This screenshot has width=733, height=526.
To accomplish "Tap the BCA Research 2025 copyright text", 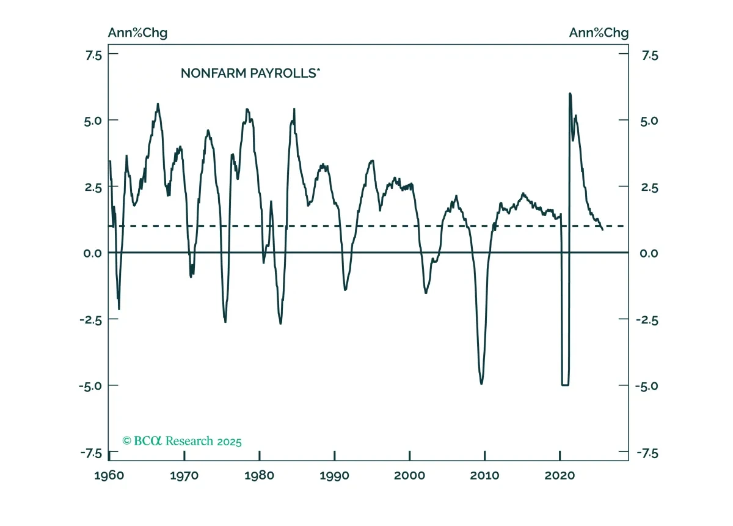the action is click(x=182, y=441).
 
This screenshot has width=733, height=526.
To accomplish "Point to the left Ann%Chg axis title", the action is click(x=138, y=33).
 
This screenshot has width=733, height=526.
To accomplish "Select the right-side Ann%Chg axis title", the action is click(x=599, y=33).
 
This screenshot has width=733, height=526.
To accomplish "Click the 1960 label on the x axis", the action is click(x=109, y=475).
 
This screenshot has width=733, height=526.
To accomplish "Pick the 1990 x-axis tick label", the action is click(x=335, y=475).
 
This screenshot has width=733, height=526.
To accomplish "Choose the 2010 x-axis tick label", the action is click(x=484, y=475).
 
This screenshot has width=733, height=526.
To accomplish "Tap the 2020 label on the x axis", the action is click(x=560, y=475).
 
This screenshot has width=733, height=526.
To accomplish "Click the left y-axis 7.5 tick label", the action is click(x=94, y=56).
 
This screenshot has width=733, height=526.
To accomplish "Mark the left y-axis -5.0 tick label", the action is click(x=90, y=386).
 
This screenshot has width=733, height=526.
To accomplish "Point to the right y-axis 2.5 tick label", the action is click(x=649, y=188).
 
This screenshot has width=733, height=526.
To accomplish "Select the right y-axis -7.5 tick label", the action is click(x=647, y=454).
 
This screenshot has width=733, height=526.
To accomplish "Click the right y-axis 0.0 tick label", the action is click(x=649, y=253).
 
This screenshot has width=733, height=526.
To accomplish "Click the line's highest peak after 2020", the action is click(x=570, y=94).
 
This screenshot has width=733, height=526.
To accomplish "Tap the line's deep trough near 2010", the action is click(x=481, y=383).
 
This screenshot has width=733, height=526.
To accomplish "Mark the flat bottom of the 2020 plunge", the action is click(x=565, y=385).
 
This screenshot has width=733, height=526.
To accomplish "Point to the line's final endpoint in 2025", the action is click(x=603, y=230).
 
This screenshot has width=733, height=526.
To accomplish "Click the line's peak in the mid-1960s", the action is click(x=158, y=104).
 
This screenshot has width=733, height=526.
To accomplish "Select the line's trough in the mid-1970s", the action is click(x=225, y=322).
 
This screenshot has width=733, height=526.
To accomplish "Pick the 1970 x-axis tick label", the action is click(x=184, y=475).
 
